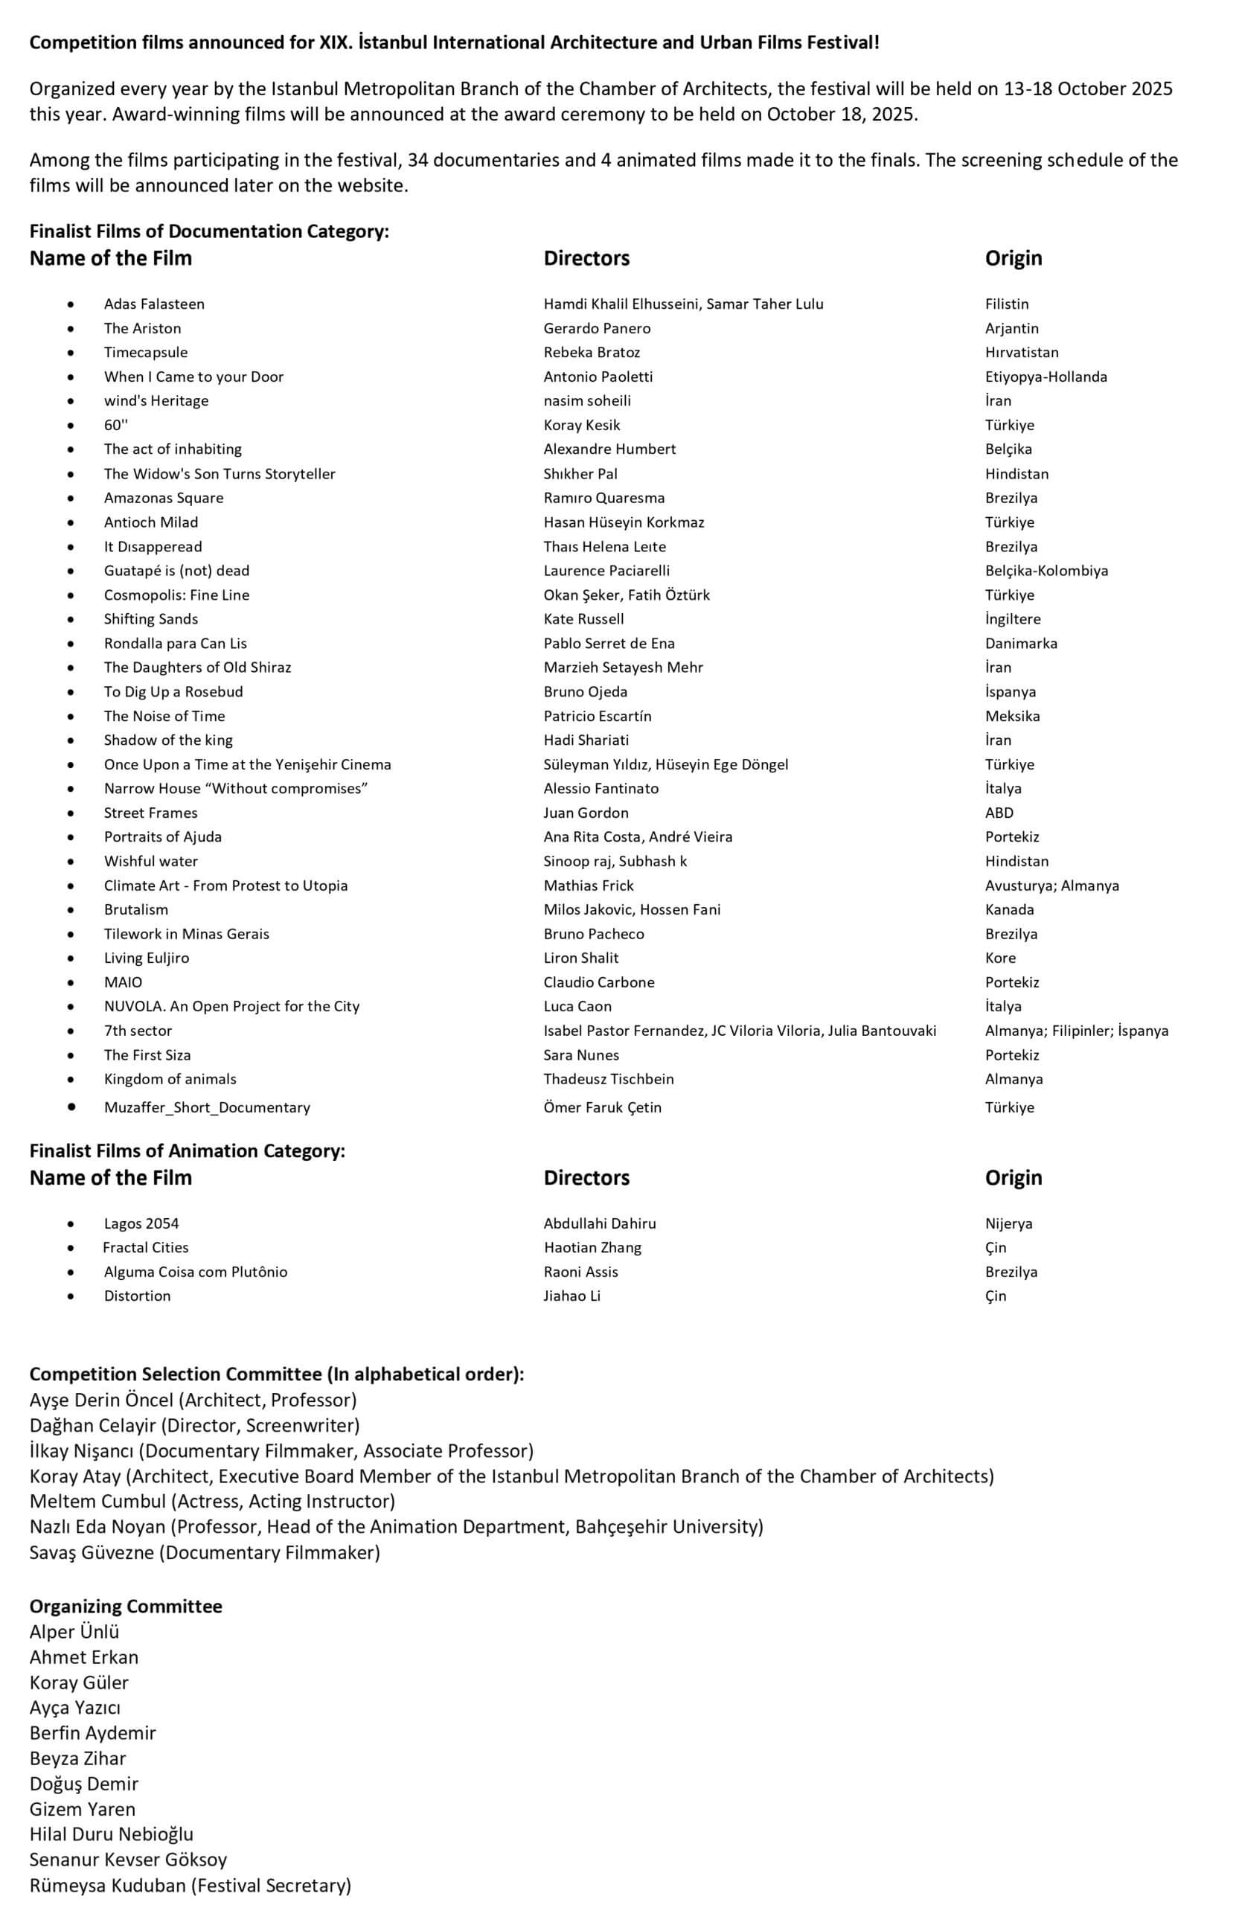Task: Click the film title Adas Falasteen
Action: click(x=154, y=304)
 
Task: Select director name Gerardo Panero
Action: click(x=596, y=328)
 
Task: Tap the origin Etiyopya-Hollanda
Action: click(x=1046, y=377)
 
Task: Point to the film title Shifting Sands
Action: click(x=150, y=618)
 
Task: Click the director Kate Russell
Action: click(x=583, y=618)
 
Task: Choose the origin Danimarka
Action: click(x=1021, y=644)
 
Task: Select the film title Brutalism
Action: click(x=135, y=909)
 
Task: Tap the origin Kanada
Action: click(x=1008, y=909)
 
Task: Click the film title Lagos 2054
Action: click(x=141, y=1223)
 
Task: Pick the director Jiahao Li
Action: click(x=571, y=1296)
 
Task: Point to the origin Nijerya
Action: click(x=1008, y=1223)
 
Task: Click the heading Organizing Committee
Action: click(x=126, y=1607)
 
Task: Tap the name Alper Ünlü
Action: click(x=74, y=1632)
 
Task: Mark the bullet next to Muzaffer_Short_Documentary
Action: click(x=72, y=1107)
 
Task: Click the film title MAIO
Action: click(x=123, y=982)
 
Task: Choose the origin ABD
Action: click(x=999, y=813)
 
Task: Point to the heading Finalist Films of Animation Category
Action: click(x=188, y=1151)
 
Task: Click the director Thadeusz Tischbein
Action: click(x=609, y=1079)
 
